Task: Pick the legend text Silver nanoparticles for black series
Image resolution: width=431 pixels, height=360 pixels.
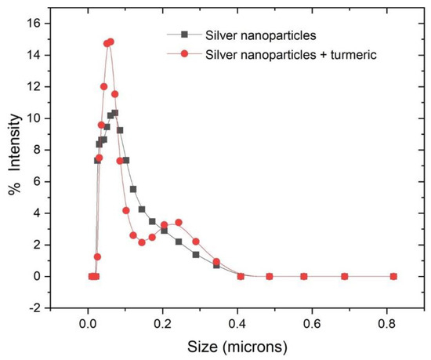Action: coord(248,35)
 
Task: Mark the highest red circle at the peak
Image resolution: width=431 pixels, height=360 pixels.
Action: coord(110,42)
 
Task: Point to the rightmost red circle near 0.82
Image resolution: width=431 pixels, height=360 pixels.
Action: coord(393,276)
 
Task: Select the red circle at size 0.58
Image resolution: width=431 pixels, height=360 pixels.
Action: coord(303,276)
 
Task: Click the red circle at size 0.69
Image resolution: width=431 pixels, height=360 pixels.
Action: coord(345,276)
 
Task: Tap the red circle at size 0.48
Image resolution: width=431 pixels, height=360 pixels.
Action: coord(269,276)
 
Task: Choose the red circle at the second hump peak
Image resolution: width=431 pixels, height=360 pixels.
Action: coord(179,223)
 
